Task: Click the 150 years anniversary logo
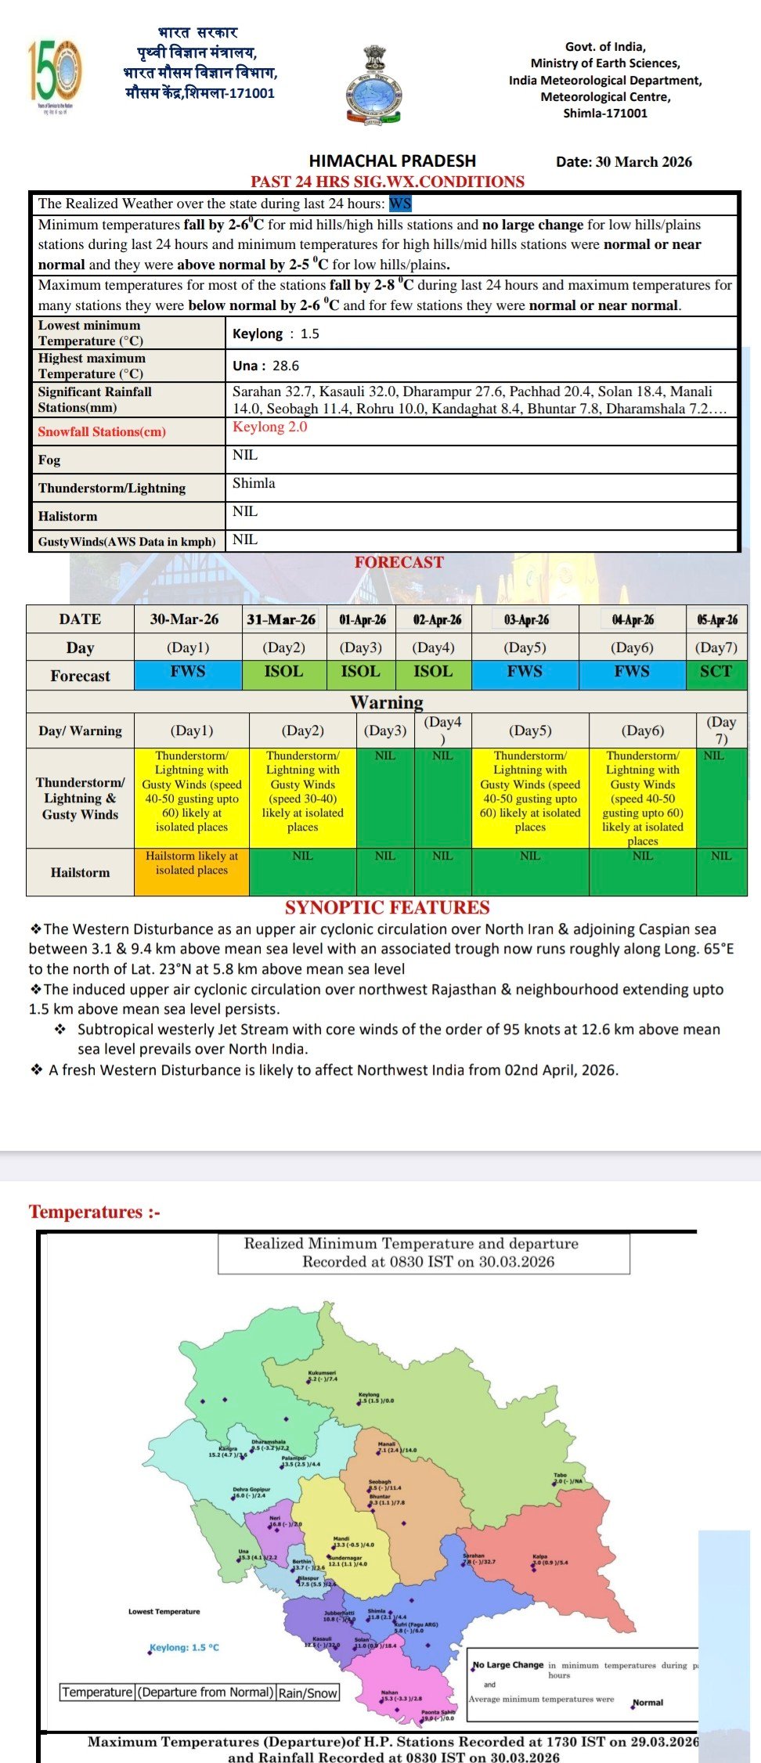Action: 54,76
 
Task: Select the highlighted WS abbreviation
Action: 400,204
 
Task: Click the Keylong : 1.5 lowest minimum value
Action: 276,333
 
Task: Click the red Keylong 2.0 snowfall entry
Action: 269,427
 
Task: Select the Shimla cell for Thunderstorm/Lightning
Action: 254,484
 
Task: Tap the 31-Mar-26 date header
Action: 281,619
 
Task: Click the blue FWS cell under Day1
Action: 188,672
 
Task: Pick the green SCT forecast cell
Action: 716,672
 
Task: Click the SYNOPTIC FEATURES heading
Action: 387,908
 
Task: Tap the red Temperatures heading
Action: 94,1212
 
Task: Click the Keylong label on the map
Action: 369,1394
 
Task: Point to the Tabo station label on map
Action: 561,1475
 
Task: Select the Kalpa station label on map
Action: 540,1556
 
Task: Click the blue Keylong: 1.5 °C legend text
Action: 185,1648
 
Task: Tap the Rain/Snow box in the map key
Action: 308,1693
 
